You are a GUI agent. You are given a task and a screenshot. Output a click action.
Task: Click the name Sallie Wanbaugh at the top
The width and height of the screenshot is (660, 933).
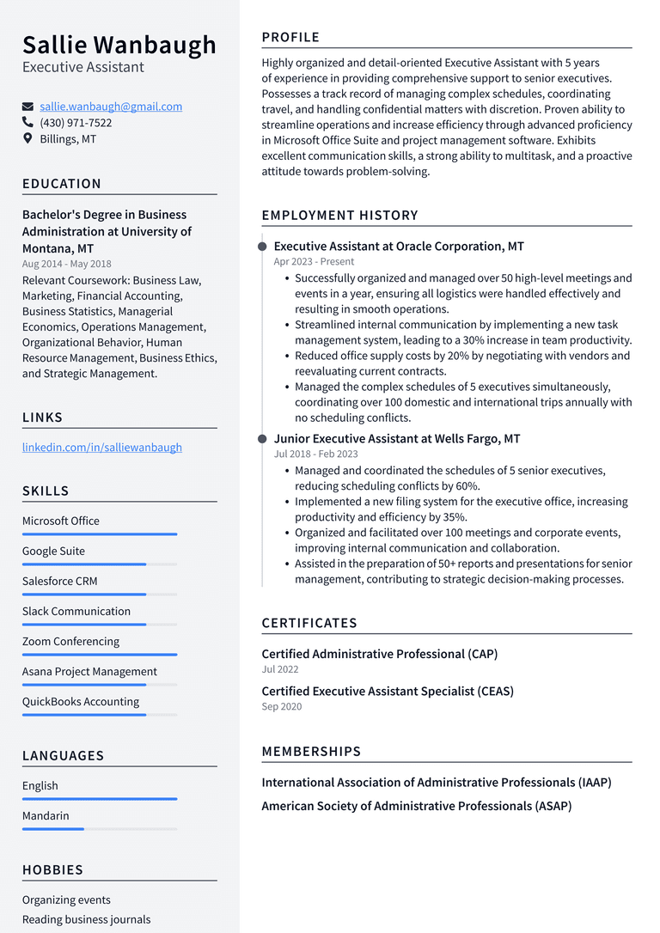(119, 45)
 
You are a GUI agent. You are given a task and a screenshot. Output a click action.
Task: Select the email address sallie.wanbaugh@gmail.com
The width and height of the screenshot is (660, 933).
(111, 107)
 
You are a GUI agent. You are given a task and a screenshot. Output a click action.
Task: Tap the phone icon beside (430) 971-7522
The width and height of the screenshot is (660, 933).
(27, 123)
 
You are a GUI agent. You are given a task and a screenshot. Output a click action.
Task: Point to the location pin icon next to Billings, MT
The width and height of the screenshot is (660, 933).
(27, 138)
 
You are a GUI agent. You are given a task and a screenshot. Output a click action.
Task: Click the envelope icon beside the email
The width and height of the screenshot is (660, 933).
(27, 107)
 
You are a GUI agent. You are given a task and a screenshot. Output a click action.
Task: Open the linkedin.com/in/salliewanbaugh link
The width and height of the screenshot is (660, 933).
(102, 447)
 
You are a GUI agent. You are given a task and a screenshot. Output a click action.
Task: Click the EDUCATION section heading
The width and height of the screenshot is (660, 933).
(62, 184)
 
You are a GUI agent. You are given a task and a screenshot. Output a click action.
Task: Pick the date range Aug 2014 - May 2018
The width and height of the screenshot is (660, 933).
(66, 264)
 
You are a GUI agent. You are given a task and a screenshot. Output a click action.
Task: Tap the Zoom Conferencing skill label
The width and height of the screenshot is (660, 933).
(70, 642)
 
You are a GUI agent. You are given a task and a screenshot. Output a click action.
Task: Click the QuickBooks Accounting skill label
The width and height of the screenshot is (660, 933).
(81, 702)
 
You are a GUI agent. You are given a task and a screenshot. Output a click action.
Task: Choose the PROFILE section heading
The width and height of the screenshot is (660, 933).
(290, 37)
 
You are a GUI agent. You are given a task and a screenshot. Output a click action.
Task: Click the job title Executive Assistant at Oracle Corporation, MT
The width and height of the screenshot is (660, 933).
(399, 247)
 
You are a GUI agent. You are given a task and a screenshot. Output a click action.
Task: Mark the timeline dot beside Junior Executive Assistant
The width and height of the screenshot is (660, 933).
(262, 439)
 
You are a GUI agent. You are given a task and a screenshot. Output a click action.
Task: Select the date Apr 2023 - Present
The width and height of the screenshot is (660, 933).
(314, 261)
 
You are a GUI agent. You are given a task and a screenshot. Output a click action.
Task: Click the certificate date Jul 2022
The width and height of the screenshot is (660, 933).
(280, 669)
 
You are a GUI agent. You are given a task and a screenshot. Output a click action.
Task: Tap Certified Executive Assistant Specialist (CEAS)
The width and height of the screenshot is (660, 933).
(388, 691)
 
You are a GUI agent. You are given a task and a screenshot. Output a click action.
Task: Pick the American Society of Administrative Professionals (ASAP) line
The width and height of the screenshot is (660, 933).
(416, 806)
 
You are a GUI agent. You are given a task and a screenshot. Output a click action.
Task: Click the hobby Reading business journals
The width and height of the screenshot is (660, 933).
(86, 919)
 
